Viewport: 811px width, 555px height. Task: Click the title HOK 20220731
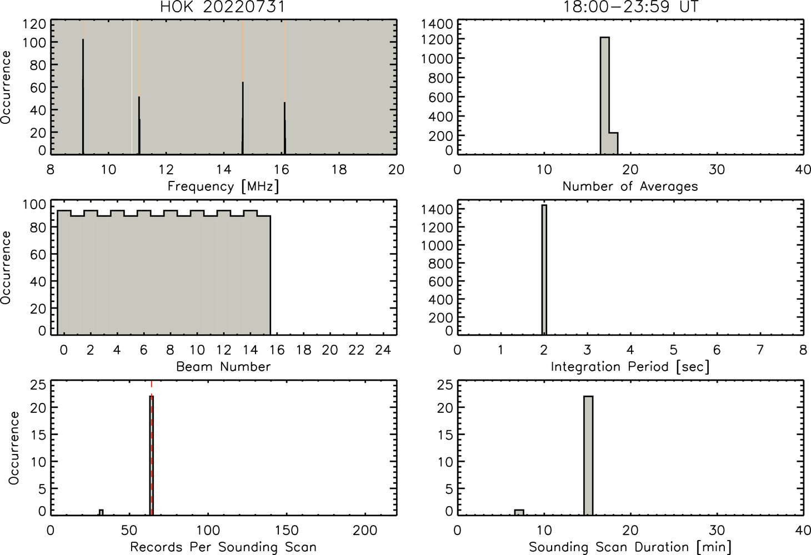pyautogui.click(x=223, y=7)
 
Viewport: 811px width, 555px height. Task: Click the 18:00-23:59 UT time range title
pyautogui.click(x=630, y=7)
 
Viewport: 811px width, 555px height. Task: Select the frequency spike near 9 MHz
pyautogui.click(x=83, y=96)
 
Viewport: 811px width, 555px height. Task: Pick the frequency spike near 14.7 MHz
pyautogui.click(x=243, y=118)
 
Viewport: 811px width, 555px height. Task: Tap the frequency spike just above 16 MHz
pyautogui.click(x=285, y=128)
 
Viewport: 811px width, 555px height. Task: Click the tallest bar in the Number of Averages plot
pyautogui.click(x=604, y=95)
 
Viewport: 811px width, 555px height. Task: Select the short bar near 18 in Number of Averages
pyautogui.click(x=613, y=143)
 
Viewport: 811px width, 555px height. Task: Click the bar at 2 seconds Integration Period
pyautogui.click(x=544, y=270)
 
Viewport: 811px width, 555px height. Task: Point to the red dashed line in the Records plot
pyautogui.click(x=151, y=447)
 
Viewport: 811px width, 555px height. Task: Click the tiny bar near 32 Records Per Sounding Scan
pyautogui.click(x=101, y=512)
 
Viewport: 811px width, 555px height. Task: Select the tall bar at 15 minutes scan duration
pyautogui.click(x=588, y=456)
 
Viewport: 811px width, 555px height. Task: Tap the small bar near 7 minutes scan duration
pyautogui.click(x=519, y=512)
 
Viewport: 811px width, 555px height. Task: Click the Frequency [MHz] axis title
pyautogui.click(x=223, y=186)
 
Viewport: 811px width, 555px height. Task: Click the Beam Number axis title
pyautogui.click(x=223, y=366)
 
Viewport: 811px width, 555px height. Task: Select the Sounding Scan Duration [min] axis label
pyautogui.click(x=630, y=547)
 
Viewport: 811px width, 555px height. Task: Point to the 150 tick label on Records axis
pyautogui.click(x=287, y=531)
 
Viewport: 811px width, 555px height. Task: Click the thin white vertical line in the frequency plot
pyautogui.click(x=132, y=87)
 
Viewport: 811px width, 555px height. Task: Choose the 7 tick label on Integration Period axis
pyautogui.click(x=760, y=350)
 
